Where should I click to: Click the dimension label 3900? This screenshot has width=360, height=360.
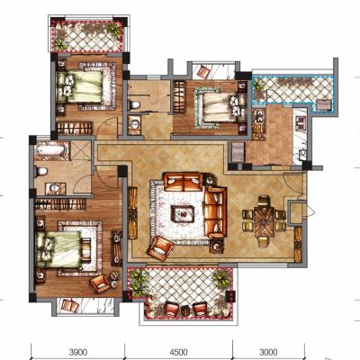pos(78,351)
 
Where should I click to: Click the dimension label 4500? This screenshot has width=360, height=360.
pos(178,351)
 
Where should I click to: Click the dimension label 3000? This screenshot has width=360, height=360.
pos(268,351)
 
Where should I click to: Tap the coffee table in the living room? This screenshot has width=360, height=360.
pos(183,213)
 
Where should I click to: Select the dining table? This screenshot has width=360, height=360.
pos(264,222)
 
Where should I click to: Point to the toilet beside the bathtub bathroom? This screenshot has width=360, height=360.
pos(41,172)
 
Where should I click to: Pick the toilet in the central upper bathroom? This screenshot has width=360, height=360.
pos(134,105)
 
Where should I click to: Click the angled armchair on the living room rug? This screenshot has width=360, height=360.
pos(160,248)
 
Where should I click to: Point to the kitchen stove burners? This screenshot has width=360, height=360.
pos(301,121)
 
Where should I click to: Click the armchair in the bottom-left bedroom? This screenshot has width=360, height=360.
pos(101,283)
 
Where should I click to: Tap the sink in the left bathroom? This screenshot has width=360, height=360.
pos(55,189)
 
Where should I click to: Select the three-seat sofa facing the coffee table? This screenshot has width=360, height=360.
pos(215,212)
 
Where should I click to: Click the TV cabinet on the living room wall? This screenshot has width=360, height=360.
pos(132,212)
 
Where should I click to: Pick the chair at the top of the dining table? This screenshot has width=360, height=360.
pos(264,200)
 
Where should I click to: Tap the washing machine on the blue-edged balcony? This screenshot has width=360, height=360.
pos(324,105)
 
